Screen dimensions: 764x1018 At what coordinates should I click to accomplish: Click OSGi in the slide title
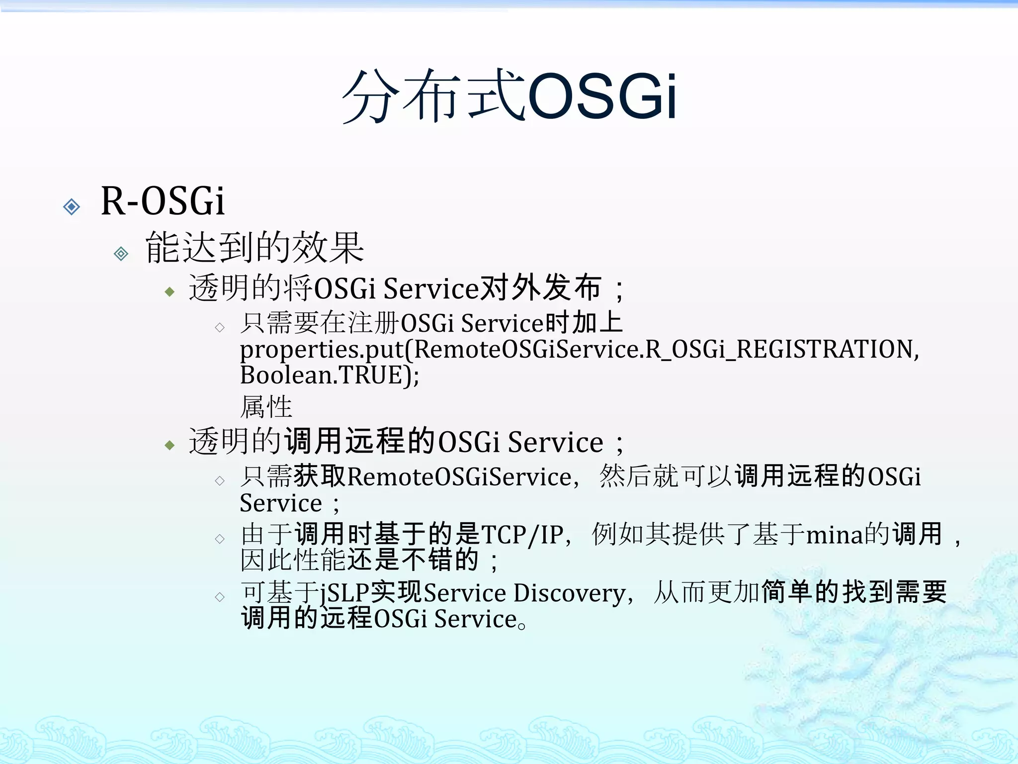(602, 95)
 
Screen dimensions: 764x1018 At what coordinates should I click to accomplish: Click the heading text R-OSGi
(163, 201)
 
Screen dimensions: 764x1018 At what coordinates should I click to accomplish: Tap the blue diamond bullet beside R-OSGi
(72, 206)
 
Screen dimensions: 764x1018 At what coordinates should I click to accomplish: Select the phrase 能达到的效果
(254, 247)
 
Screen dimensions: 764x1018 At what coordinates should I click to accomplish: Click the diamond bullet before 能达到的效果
(121, 254)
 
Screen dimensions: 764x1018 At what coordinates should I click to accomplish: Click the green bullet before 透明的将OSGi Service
(170, 291)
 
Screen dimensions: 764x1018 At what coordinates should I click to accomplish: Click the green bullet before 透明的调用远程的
(170, 445)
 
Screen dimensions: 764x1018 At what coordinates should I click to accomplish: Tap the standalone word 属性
(266, 407)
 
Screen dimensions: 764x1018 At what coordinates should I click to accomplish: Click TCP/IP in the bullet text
(522, 535)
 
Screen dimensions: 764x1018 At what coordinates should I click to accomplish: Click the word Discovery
(569, 593)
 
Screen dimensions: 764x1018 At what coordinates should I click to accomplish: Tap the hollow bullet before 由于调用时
(220, 539)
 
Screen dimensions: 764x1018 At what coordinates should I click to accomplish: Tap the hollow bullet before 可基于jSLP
(220, 597)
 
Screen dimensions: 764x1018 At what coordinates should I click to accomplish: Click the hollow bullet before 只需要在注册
(220, 327)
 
